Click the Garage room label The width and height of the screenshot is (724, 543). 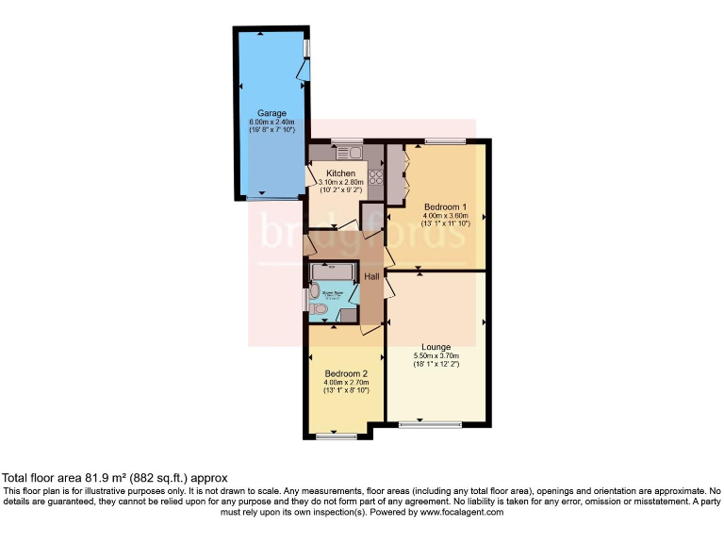pyautogui.click(x=272, y=113)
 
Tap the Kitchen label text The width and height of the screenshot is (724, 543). pyautogui.click(x=340, y=173)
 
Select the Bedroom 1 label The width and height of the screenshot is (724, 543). pyautogui.click(x=446, y=206)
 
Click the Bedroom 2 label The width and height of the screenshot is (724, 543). pyautogui.click(x=346, y=373)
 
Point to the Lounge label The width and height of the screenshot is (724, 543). pyautogui.click(x=436, y=346)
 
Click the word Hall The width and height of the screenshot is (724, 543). pyautogui.click(x=371, y=276)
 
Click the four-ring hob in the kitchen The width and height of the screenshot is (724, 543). pyautogui.click(x=374, y=175)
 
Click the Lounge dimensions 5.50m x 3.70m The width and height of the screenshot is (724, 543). pyautogui.click(x=436, y=355)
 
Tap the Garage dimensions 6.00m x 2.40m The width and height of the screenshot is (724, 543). pyautogui.click(x=272, y=122)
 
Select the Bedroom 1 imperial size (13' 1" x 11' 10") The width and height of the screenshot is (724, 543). pyautogui.click(x=446, y=223)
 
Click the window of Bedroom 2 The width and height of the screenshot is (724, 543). pyautogui.click(x=337, y=436)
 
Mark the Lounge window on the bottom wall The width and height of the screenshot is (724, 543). pyautogui.click(x=430, y=424)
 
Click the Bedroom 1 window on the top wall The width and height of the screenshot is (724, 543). pyautogui.click(x=444, y=141)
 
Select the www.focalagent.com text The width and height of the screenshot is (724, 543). pyautogui.click(x=461, y=512)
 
